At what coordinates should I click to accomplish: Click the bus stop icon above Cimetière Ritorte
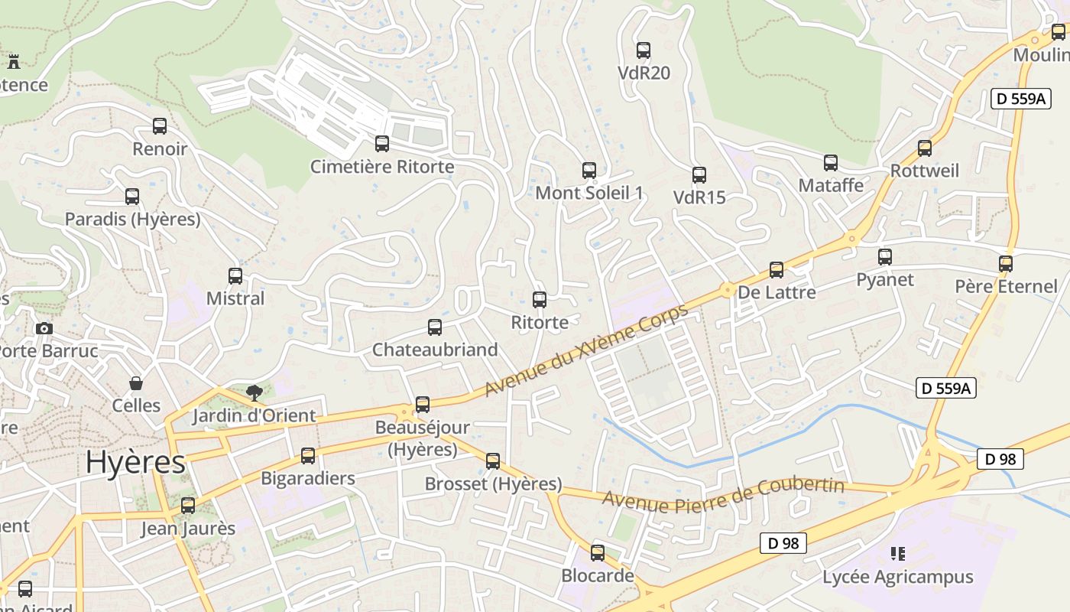pyautogui.click(x=381, y=143)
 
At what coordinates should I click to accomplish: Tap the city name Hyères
pyautogui.click(x=135, y=463)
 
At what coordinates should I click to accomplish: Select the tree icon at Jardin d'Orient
pyautogui.click(x=255, y=393)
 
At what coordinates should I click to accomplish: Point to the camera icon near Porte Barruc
pyautogui.click(x=44, y=328)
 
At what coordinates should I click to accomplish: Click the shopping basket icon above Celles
pyautogui.click(x=136, y=382)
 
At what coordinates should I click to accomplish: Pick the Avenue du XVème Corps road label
pyautogui.click(x=586, y=350)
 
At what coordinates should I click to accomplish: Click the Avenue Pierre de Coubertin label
pyautogui.click(x=722, y=495)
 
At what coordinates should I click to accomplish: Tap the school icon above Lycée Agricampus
pyautogui.click(x=898, y=553)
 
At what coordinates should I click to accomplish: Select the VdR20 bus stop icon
pyautogui.click(x=644, y=50)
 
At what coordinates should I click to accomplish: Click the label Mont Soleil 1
pyautogui.click(x=588, y=193)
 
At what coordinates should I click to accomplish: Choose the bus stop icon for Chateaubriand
pyautogui.click(x=435, y=327)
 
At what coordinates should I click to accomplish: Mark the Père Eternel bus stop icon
pyautogui.click(x=1006, y=264)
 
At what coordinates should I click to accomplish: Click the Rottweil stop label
pyautogui.click(x=925, y=171)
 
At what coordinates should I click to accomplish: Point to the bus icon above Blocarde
pyautogui.click(x=598, y=552)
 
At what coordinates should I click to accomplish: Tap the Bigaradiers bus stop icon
pyautogui.click(x=308, y=456)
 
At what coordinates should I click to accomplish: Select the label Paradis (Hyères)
pyautogui.click(x=132, y=220)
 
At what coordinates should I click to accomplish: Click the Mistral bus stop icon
pyautogui.click(x=235, y=276)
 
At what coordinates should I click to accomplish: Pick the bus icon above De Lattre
pyautogui.click(x=777, y=270)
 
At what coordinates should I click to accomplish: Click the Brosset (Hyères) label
pyautogui.click(x=493, y=484)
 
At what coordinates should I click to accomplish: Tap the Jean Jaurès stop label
pyautogui.click(x=188, y=529)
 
